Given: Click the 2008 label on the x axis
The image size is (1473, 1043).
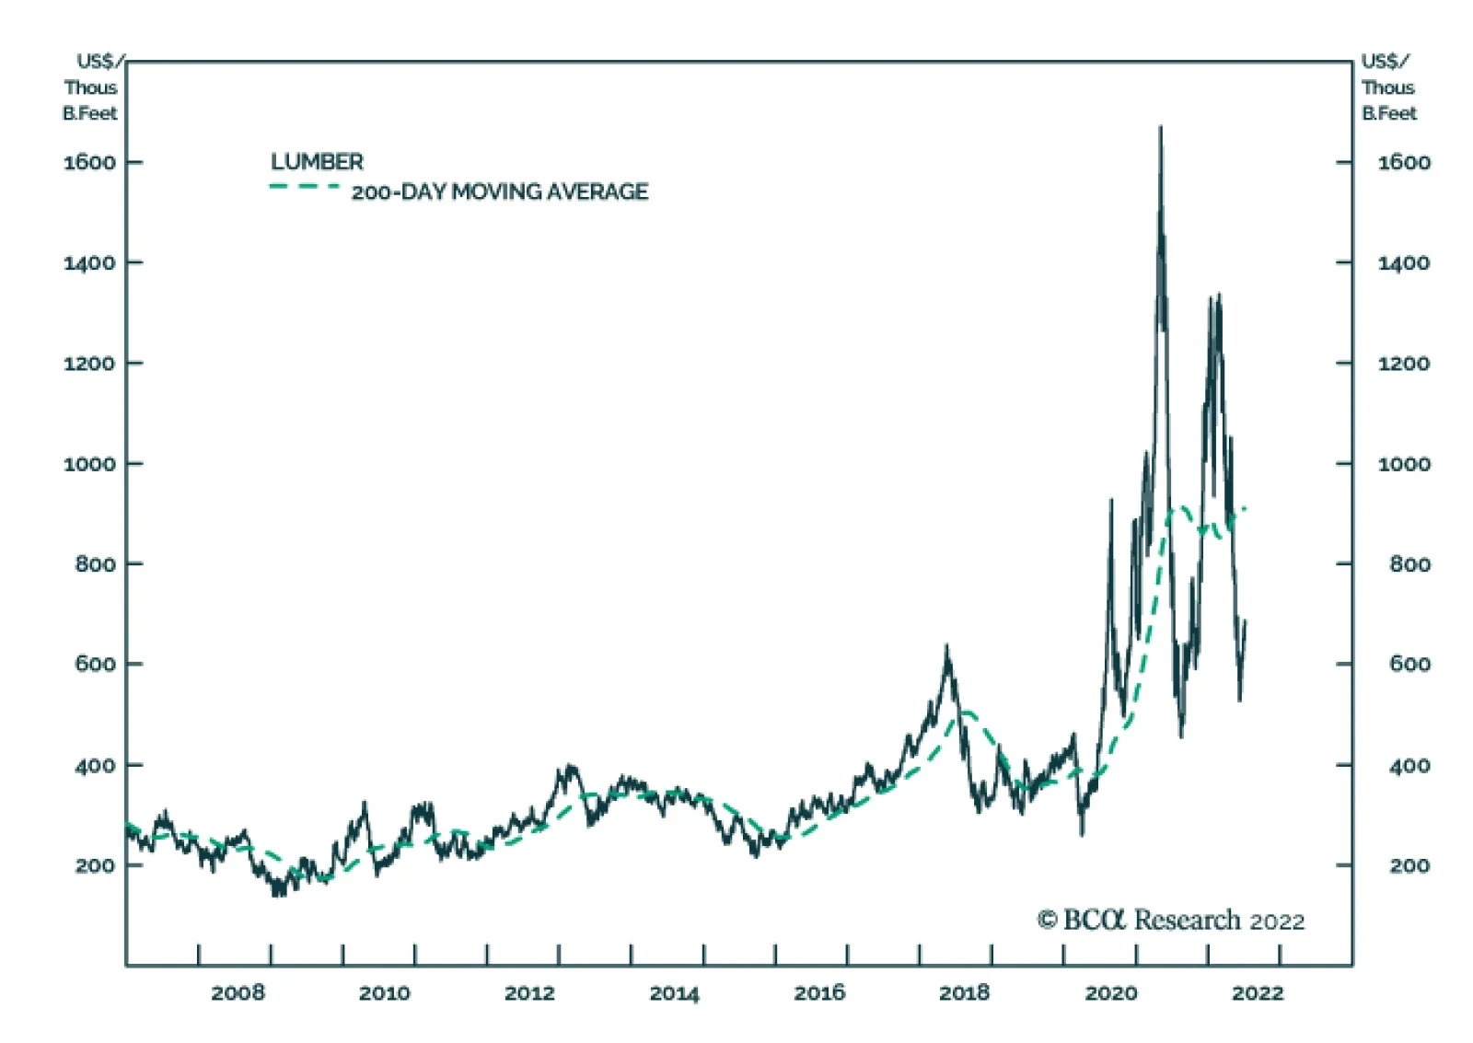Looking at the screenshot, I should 238,992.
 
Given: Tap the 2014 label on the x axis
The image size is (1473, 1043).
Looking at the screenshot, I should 674,992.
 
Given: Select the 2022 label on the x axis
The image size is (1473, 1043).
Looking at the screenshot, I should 1257,992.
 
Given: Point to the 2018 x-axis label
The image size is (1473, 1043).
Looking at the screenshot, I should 964,992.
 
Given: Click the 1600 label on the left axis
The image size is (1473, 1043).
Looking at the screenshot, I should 89,162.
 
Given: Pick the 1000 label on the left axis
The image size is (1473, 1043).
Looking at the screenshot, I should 89,464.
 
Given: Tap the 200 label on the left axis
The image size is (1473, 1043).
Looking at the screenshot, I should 95,865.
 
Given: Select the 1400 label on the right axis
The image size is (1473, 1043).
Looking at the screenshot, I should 1404,263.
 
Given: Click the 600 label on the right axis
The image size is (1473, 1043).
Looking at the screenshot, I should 1409,664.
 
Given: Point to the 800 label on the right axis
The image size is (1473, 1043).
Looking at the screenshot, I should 1409,563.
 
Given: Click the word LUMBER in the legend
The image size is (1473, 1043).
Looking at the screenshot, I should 317,162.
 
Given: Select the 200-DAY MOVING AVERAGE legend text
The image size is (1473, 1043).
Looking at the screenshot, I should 499,191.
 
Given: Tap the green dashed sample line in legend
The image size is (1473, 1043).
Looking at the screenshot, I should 304,187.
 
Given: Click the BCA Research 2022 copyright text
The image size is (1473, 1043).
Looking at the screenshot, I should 1171,920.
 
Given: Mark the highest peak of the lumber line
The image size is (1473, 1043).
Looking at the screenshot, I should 1160,127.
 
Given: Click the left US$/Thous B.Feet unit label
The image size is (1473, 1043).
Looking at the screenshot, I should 90,87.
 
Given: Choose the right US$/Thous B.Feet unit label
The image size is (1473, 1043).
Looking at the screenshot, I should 1388,87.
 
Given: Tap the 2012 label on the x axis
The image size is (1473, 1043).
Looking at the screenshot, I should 529,992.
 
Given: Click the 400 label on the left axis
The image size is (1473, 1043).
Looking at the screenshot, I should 95,765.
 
